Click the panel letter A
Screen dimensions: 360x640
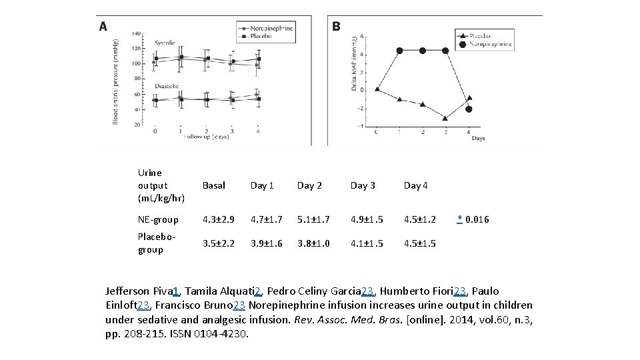(x=103, y=27)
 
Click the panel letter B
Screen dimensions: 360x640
(x=336, y=26)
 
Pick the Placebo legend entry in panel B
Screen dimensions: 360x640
(x=479, y=35)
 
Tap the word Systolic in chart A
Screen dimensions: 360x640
(x=165, y=43)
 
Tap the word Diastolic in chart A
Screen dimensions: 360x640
(x=167, y=85)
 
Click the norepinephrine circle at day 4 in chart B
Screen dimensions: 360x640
(x=469, y=109)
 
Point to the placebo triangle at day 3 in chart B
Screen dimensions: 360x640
(x=445, y=118)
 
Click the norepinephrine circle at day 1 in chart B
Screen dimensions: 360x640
(x=399, y=51)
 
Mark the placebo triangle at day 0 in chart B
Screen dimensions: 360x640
(x=377, y=89)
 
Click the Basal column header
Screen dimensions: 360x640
(x=214, y=185)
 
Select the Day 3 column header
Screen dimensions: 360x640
(x=363, y=185)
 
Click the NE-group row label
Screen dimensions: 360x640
(x=158, y=219)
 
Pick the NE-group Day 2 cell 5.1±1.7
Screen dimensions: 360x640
(x=314, y=219)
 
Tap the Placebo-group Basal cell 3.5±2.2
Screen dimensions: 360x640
(x=219, y=243)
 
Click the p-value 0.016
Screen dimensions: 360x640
(x=477, y=219)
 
